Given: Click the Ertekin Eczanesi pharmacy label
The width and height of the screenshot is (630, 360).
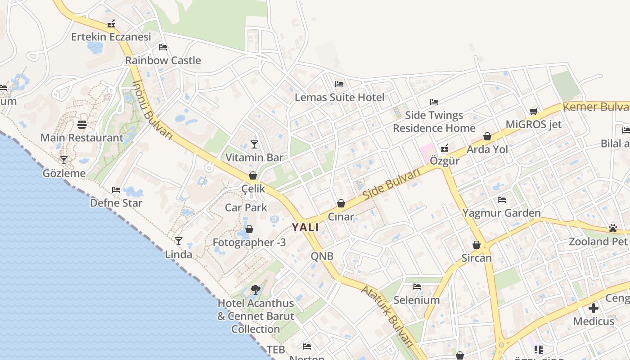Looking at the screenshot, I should [x=111, y=37].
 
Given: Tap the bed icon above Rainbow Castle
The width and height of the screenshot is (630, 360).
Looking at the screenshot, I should [x=163, y=47].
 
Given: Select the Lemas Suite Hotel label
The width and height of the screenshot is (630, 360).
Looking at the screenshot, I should [x=339, y=97].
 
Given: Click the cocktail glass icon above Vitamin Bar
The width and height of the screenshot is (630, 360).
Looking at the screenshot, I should [x=254, y=144].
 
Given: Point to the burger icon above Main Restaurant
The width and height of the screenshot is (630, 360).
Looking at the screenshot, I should [x=82, y=124].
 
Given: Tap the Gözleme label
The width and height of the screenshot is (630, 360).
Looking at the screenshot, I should [x=64, y=173].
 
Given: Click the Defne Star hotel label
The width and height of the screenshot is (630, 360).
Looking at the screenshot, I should [x=116, y=203].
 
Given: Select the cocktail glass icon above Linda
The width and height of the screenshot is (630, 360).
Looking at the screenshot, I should [x=179, y=241].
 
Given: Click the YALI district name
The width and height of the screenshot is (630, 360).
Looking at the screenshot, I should [x=305, y=227].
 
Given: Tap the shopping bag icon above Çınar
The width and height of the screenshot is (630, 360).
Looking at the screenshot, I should [x=341, y=204].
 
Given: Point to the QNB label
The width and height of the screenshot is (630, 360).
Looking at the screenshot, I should [x=322, y=256].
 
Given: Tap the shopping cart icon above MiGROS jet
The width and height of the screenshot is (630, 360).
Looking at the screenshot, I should [x=534, y=112].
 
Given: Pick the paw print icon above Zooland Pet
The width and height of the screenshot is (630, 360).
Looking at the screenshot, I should [x=613, y=229].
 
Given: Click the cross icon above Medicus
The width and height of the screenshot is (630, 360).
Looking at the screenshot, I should [x=594, y=309].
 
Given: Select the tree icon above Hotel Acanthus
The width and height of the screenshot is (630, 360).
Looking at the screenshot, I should [x=256, y=290].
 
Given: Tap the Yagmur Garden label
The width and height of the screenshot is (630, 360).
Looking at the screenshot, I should [x=501, y=213].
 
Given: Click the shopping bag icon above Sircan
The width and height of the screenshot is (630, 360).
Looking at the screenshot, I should [x=477, y=245].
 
